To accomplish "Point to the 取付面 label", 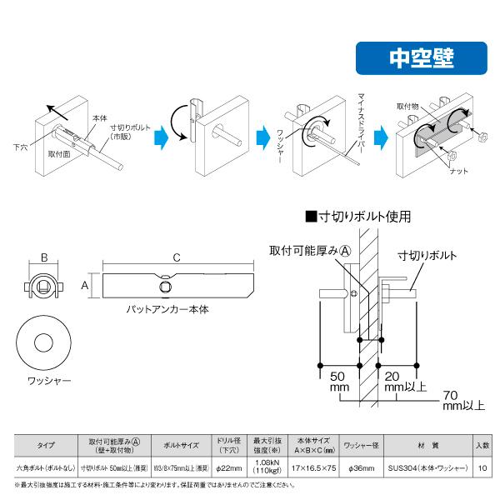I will coord(58,154).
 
